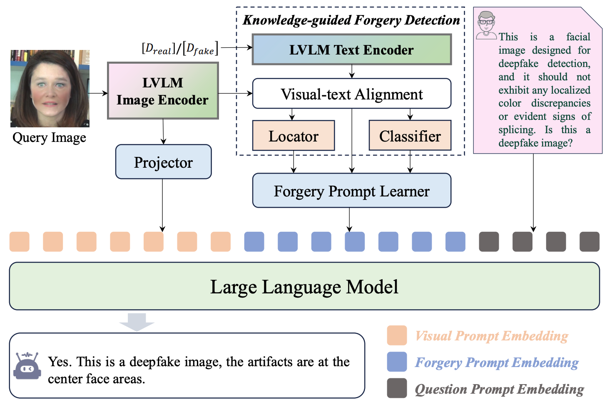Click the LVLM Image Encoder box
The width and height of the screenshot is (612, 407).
point(163,91)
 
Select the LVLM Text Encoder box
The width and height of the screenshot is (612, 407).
point(352,50)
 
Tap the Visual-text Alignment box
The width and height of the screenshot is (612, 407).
point(352,94)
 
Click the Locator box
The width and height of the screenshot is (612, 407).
point(294,136)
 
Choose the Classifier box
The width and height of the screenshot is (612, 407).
point(410,136)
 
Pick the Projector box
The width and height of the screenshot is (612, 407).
point(163,162)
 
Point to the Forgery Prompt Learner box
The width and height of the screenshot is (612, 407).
point(352,191)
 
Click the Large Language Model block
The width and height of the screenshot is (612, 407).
point(304,286)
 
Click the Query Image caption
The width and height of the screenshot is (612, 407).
point(49,137)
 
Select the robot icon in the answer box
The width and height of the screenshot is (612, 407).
point(27,366)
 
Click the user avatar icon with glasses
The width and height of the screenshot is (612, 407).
point(486,25)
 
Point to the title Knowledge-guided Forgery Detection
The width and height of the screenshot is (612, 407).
point(351,20)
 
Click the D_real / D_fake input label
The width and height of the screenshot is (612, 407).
point(180,49)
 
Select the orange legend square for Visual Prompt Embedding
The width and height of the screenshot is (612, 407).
point(397,335)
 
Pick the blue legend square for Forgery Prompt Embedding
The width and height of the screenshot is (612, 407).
point(397,362)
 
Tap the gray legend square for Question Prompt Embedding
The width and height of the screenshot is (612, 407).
point(397,388)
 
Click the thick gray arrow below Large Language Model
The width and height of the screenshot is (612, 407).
point(137,322)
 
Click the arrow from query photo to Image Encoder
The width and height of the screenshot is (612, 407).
point(98,93)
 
